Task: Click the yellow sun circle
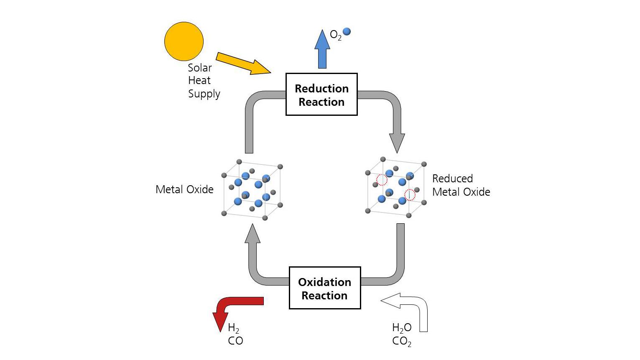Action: tap(184, 41)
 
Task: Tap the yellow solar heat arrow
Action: tap(242, 64)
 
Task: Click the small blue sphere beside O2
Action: tap(347, 31)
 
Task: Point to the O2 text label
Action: tap(335, 35)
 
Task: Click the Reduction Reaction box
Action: tap(321, 94)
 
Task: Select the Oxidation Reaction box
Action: tap(324, 288)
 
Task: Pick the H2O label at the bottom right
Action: tap(401, 328)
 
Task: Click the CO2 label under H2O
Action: tap(401, 341)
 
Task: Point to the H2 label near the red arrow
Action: tap(233, 328)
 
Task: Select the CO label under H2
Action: tap(235, 341)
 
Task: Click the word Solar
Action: tap(200, 68)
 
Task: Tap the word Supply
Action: tap(204, 94)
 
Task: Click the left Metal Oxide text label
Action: tap(184, 189)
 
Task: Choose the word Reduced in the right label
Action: tap(452, 179)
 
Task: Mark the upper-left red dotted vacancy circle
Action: tap(382, 180)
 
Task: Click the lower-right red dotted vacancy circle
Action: tap(410, 195)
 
